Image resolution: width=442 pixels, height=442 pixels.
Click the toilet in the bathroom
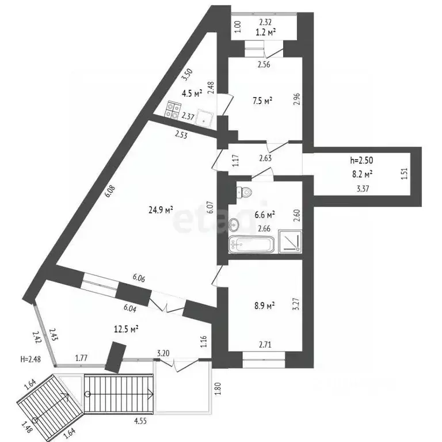[244, 192]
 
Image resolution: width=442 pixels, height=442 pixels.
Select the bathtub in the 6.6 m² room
[252, 245]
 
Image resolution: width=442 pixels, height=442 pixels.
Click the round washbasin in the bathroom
[234, 224]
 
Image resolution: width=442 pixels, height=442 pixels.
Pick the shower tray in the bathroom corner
[290, 241]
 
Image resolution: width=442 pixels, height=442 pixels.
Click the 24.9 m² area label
[161, 209]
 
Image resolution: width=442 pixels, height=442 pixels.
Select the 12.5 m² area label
[126, 329]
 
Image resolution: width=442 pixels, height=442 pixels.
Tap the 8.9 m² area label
[265, 306]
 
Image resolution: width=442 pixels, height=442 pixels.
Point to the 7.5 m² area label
[262, 101]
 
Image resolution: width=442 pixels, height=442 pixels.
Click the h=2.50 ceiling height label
[361, 160]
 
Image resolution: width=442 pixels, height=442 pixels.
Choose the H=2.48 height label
[31, 359]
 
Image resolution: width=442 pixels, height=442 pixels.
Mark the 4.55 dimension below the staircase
[140, 421]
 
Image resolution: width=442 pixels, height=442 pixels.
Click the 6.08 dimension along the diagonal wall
[110, 191]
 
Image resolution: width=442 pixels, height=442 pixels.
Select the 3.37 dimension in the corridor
[363, 189]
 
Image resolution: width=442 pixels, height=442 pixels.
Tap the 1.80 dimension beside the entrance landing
[218, 388]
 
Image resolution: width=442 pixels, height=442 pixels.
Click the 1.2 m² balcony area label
[265, 32]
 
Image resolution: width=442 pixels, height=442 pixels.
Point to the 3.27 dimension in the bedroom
[296, 304]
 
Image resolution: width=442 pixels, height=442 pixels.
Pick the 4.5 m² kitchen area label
[192, 93]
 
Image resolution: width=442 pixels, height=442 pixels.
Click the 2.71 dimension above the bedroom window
[265, 345]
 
